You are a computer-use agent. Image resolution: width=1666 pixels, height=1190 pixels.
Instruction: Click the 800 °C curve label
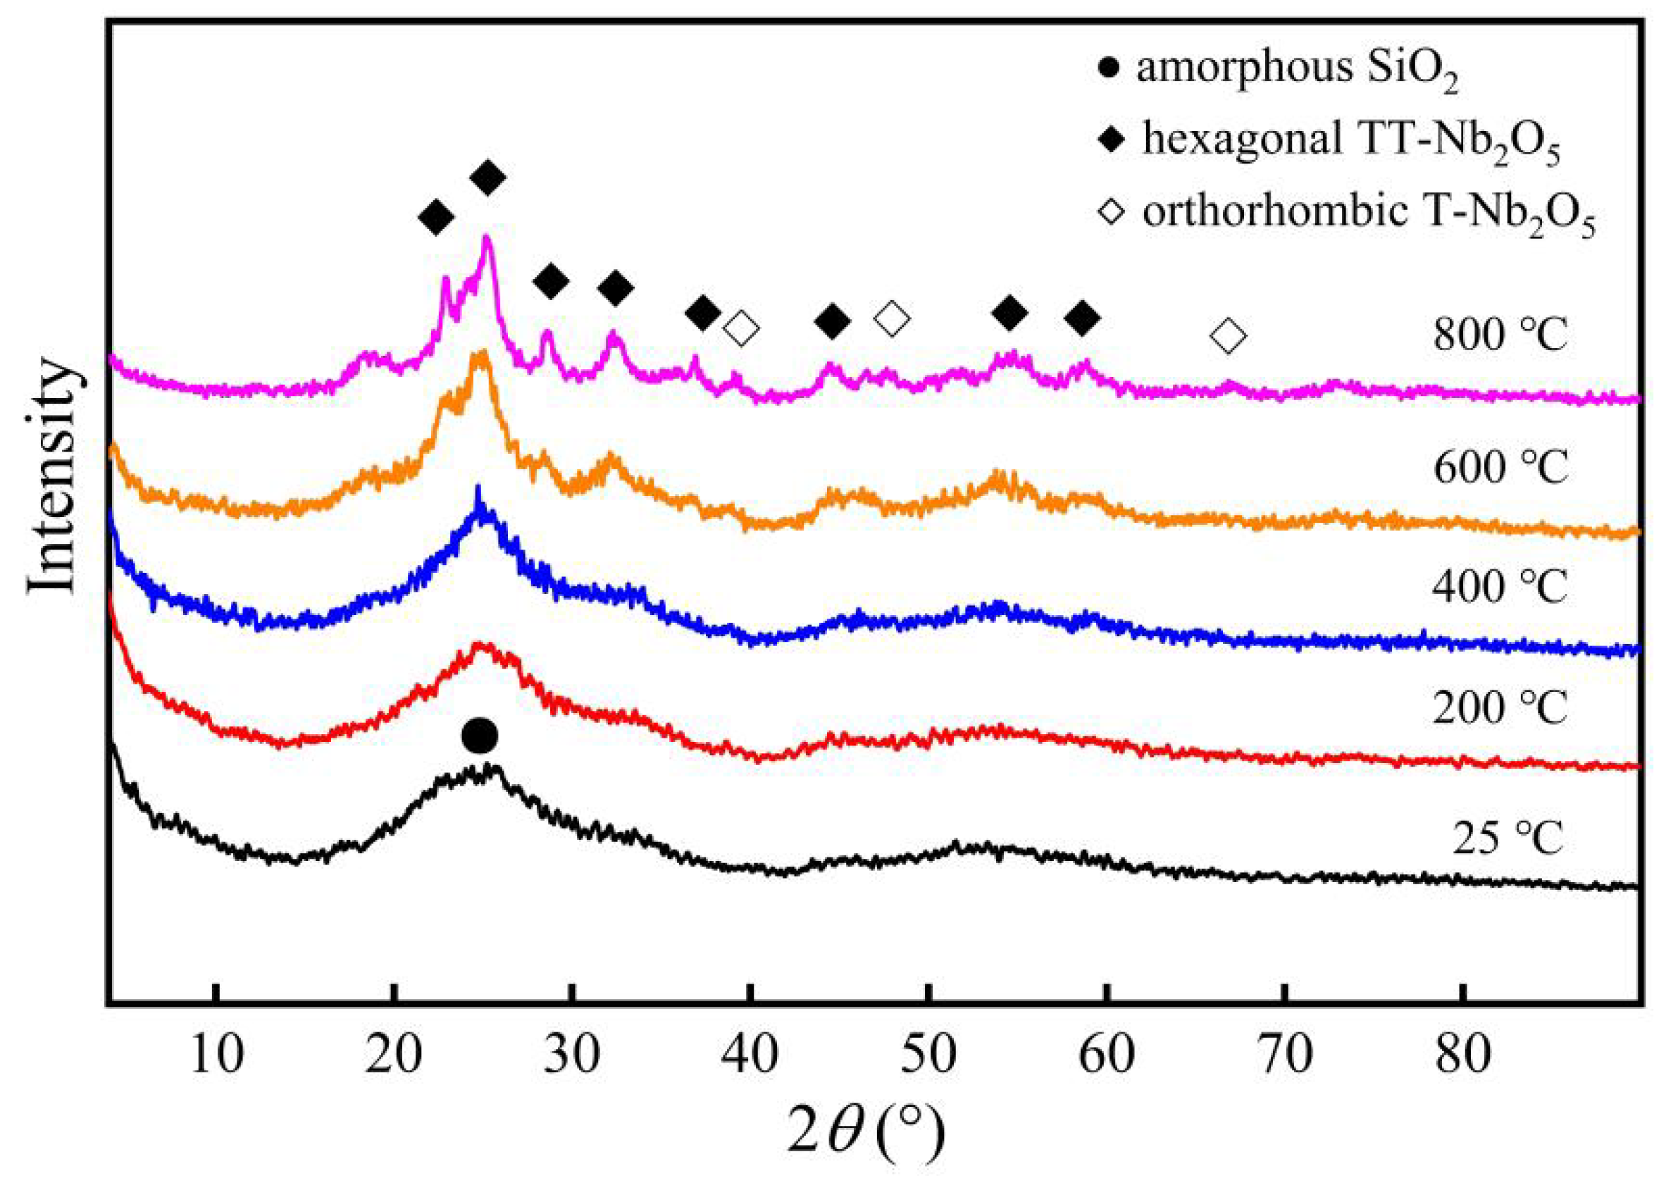1500,336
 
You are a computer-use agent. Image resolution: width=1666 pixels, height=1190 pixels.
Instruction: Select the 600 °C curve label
1500,466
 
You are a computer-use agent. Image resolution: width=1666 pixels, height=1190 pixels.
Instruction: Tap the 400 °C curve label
1500,586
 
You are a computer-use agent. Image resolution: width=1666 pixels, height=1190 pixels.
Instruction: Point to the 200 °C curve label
1500,707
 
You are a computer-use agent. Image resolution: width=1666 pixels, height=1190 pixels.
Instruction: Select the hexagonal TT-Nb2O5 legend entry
1334,142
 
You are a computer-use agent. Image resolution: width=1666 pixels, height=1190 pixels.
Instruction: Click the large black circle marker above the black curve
480,736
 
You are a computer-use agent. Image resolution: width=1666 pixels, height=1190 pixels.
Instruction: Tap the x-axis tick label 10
216,1056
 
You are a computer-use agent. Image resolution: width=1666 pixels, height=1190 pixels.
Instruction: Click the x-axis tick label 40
750,1056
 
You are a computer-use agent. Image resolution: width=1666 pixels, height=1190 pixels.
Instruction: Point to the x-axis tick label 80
1462,1056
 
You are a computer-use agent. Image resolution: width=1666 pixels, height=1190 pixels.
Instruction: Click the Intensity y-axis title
53,476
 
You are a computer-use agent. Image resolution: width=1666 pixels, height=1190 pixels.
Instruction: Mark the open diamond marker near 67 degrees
1229,336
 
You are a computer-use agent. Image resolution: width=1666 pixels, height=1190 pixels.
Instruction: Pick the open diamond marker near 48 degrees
892,318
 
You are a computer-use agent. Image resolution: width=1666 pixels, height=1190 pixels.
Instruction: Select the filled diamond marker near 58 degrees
1082,317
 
